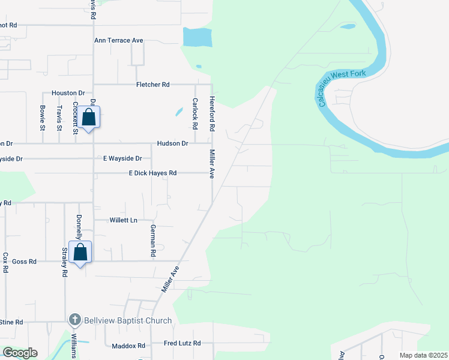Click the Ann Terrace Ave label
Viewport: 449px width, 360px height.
(x=119, y=40)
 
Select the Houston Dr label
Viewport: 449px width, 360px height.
(x=68, y=93)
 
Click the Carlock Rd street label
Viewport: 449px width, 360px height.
(x=195, y=114)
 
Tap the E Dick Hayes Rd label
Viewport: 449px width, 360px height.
(x=152, y=173)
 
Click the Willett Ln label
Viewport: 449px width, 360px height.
(x=123, y=220)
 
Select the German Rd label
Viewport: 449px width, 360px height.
(x=153, y=241)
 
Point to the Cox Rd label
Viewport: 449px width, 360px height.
(x=5, y=262)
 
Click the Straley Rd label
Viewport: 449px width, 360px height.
(x=64, y=264)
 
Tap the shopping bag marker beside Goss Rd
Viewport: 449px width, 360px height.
(x=80, y=253)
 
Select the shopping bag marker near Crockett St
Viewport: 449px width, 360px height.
(x=88, y=118)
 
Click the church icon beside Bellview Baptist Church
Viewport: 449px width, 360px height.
(x=74, y=320)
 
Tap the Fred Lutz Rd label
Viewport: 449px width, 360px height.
(x=182, y=344)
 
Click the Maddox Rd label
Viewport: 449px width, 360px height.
(x=129, y=346)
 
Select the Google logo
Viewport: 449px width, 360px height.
(x=20, y=353)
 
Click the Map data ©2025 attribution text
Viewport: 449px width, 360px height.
(x=424, y=355)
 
